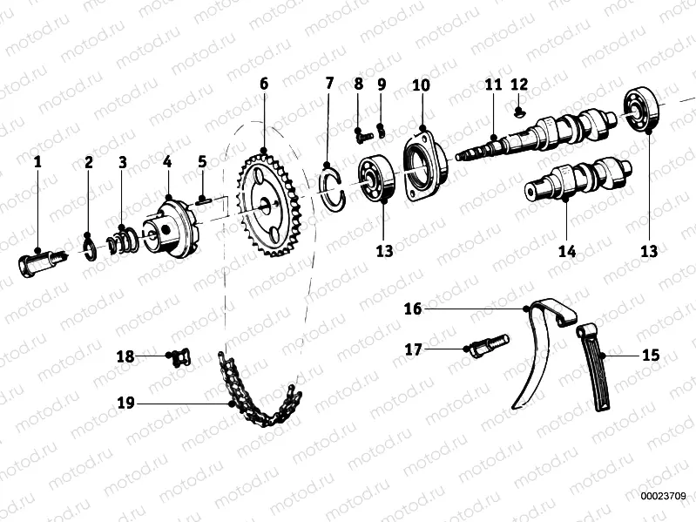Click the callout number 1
coord(37,161)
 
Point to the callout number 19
coord(126,403)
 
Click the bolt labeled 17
coord(487,347)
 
